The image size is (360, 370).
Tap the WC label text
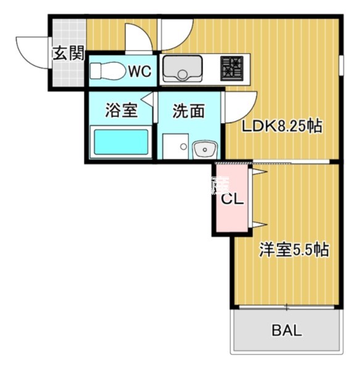tap(139, 71)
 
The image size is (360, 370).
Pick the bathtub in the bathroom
tap(120, 142)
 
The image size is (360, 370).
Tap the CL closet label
tap(232, 200)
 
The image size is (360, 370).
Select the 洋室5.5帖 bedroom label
tap(293, 250)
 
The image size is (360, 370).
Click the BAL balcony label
tap(287, 331)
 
